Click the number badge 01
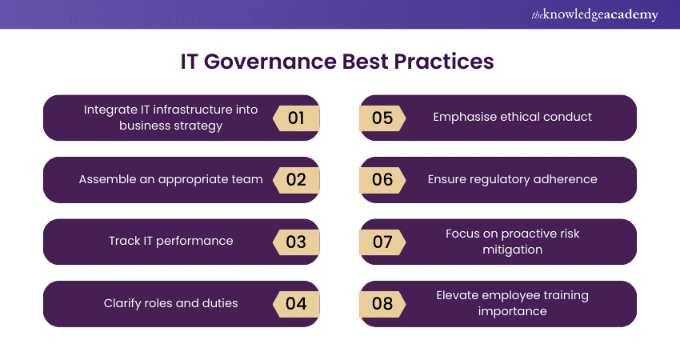296,118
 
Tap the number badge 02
296,180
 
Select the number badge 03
296,242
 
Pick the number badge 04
296,304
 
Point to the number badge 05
382,118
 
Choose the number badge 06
382,180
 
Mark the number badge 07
382,242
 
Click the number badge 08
382,304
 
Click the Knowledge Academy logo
594,14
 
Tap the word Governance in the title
270,62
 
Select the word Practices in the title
444,62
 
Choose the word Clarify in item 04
119,303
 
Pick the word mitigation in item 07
513,250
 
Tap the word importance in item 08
513,311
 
